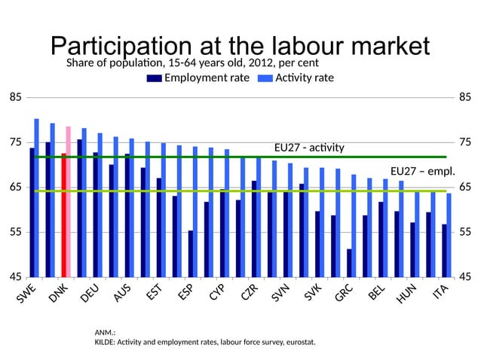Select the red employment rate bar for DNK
(63, 215)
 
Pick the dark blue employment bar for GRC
(349, 263)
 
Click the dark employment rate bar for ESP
(190, 253)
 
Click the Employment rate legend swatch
(154, 78)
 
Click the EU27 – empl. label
(422, 172)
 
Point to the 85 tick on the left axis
(15, 97)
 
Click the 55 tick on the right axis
(465, 232)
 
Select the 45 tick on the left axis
(15, 277)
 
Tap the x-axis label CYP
(219, 293)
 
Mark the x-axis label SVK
(314, 294)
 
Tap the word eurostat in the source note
(299, 343)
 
